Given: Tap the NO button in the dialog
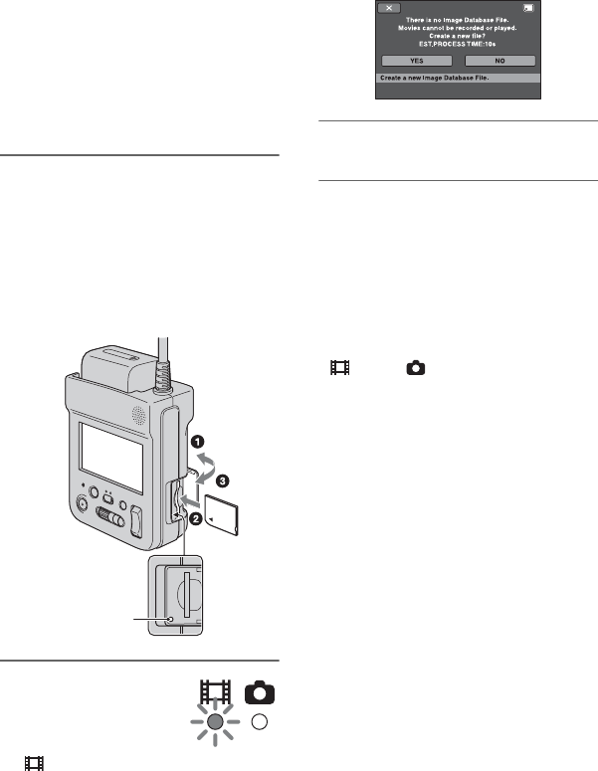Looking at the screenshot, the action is pos(500,60).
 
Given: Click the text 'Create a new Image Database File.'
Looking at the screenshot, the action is pos(438,78).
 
